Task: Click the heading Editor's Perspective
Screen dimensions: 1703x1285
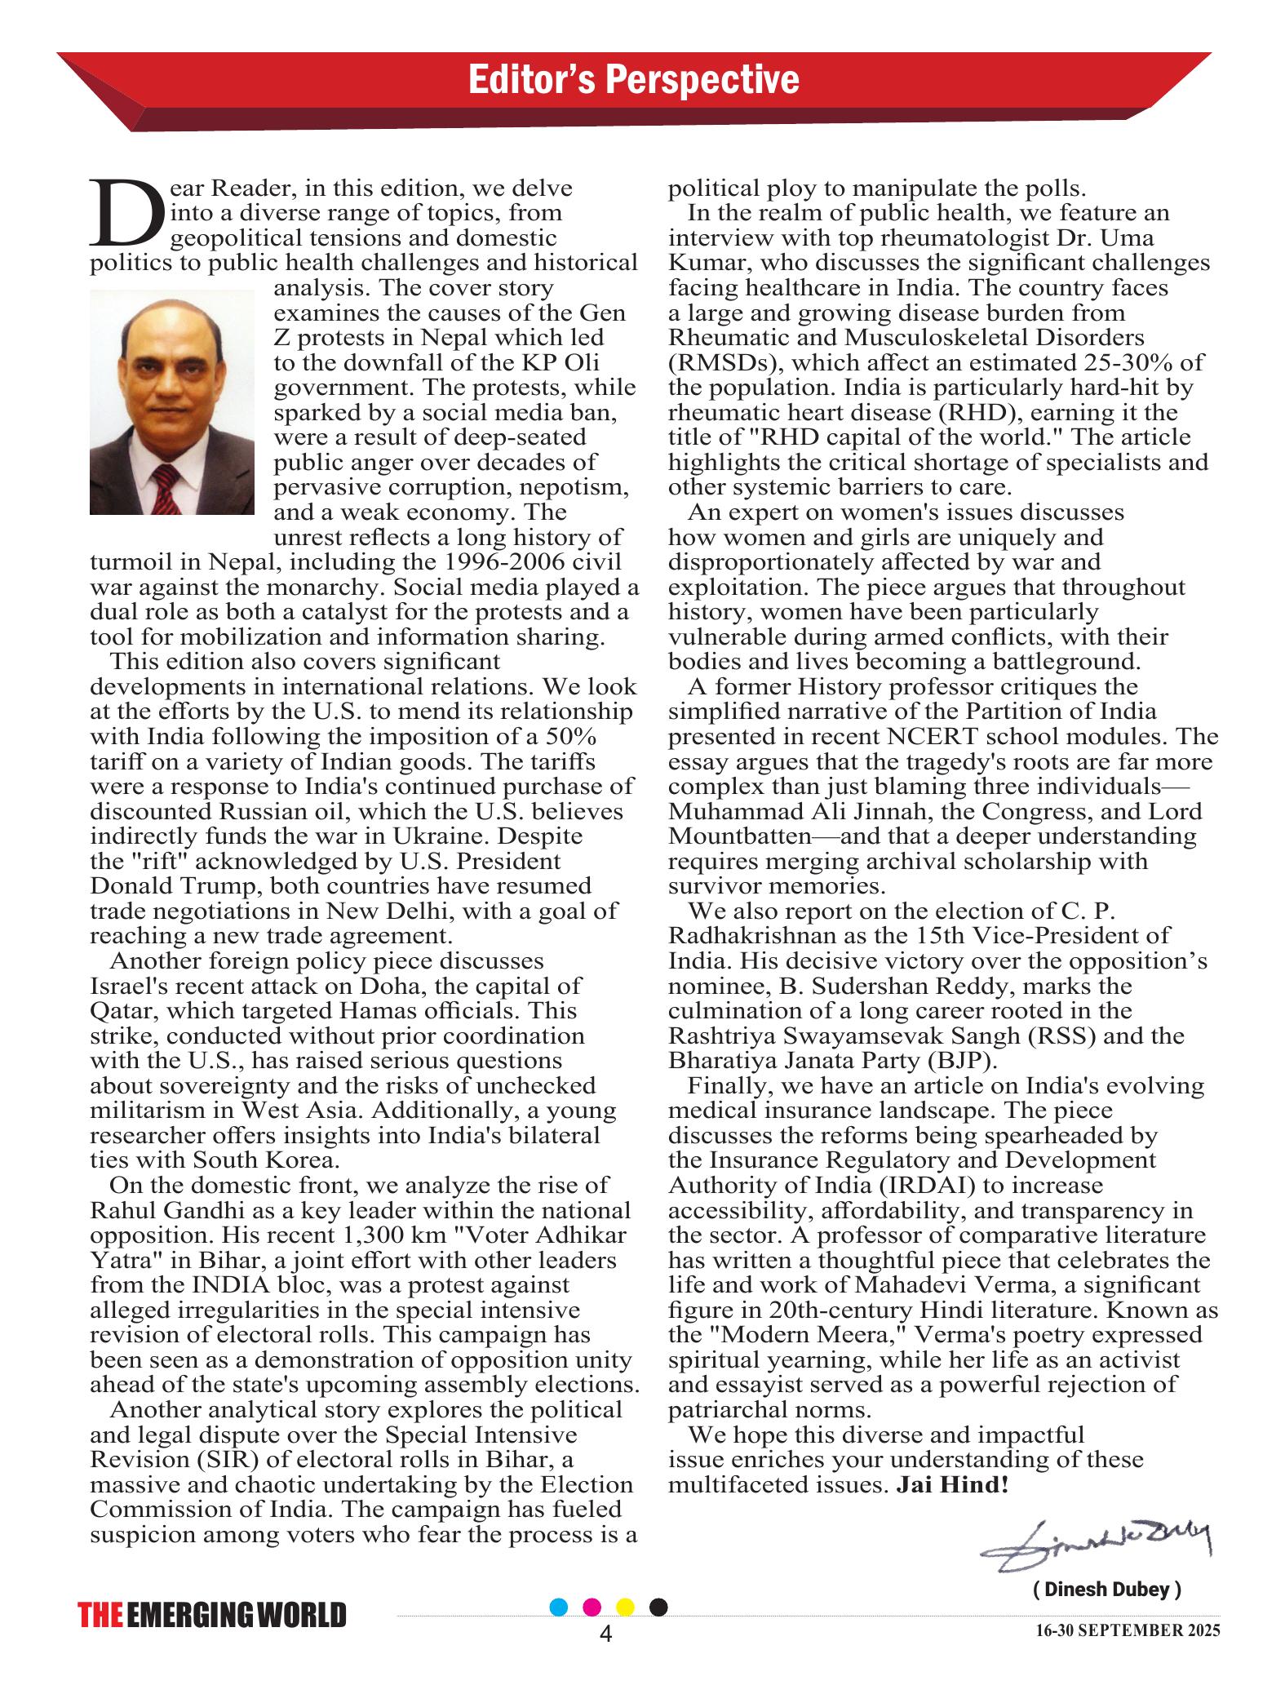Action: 633,80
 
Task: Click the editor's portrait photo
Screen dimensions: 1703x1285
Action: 171,402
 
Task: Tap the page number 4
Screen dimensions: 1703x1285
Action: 605,1634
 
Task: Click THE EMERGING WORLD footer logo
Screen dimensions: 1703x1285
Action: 212,1616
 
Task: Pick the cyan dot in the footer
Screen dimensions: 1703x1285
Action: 559,1607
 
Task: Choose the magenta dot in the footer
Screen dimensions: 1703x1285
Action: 593,1607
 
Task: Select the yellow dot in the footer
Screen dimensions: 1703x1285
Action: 626,1607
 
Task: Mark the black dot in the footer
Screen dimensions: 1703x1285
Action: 659,1607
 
